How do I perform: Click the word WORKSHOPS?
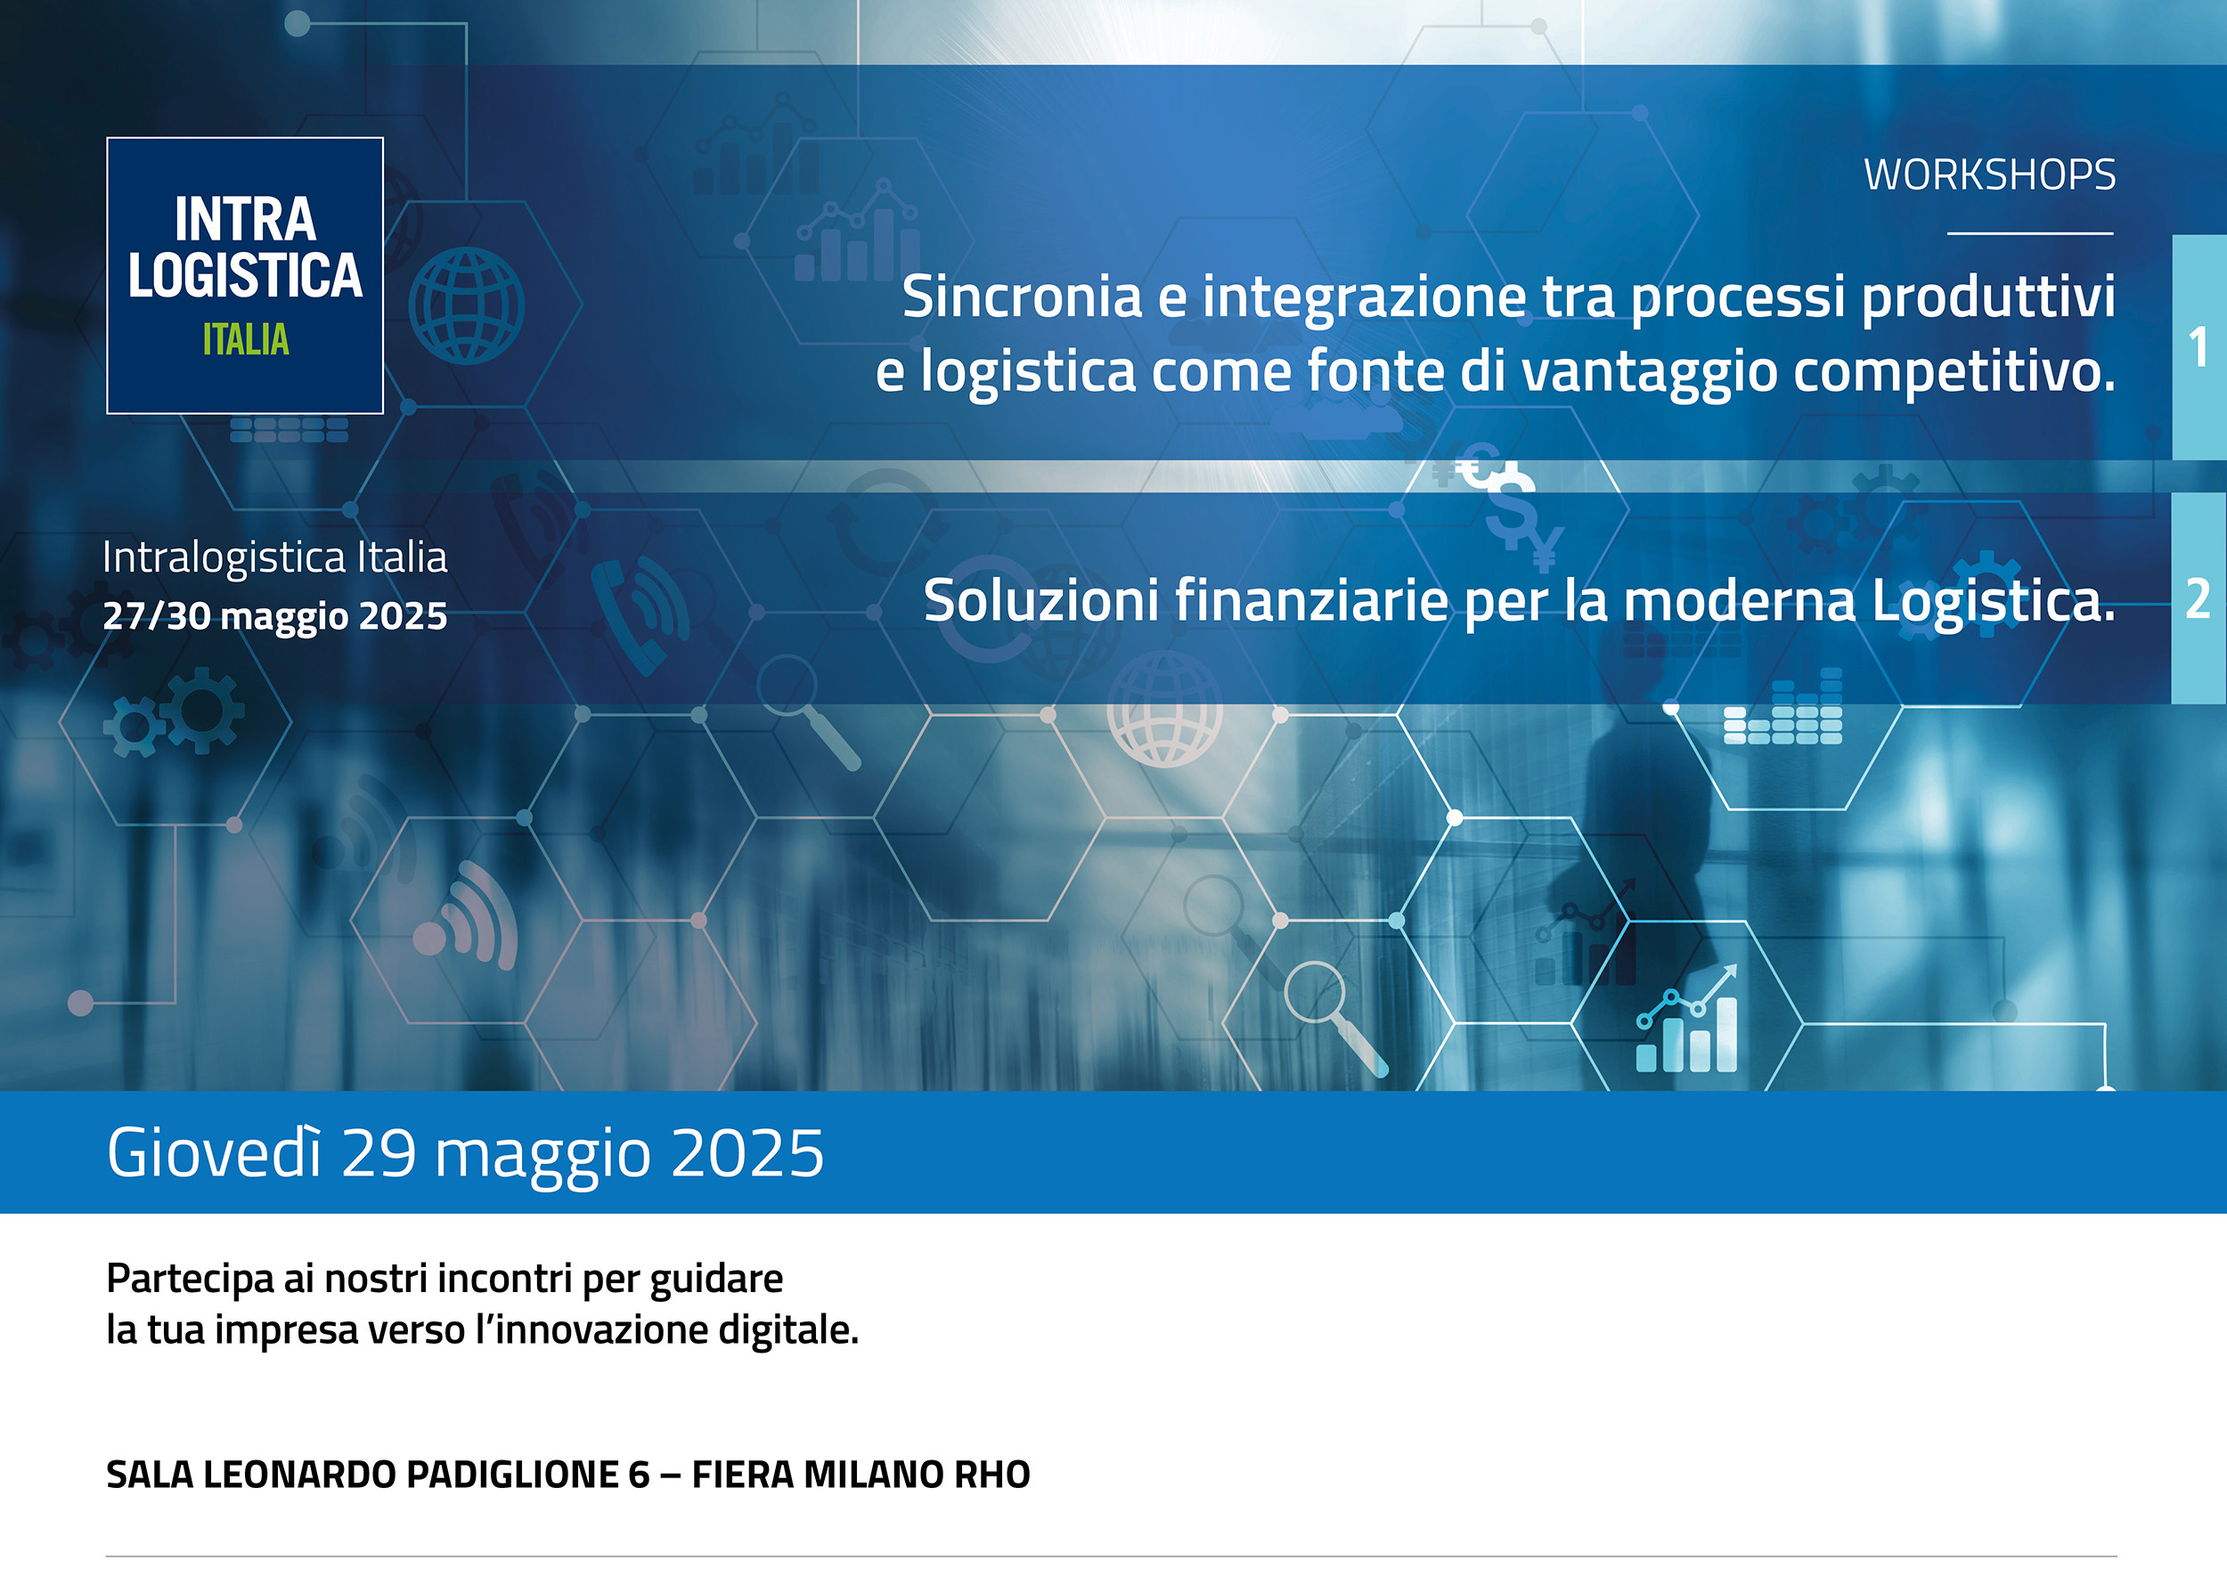click(x=1989, y=175)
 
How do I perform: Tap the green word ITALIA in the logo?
click(x=246, y=340)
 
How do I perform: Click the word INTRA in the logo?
click(x=246, y=219)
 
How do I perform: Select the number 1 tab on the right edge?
click(x=2198, y=346)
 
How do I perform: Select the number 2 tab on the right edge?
click(x=2198, y=598)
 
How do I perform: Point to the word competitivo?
click(x=1954, y=373)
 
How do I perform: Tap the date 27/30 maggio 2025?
click(x=275, y=616)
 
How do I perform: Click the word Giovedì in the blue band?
click(x=214, y=1152)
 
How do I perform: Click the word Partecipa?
click(x=191, y=1280)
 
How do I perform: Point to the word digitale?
click(x=788, y=1330)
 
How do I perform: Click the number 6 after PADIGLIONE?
click(x=638, y=1474)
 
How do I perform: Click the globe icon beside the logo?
click(x=466, y=306)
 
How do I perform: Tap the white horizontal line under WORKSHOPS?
click(x=2031, y=233)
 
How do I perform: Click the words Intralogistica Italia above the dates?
click(x=275, y=557)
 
